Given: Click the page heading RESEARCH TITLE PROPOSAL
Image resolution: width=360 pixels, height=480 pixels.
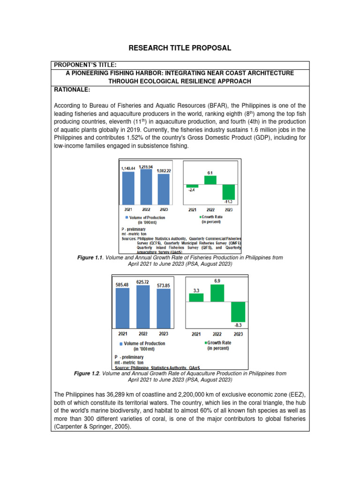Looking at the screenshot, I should tap(180, 48).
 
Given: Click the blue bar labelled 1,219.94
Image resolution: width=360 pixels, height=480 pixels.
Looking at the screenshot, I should tap(146, 187).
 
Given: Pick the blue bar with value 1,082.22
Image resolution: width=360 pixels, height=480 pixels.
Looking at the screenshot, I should tap(163, 189).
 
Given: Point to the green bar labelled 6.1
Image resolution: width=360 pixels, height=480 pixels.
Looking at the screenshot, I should tap(210, 180).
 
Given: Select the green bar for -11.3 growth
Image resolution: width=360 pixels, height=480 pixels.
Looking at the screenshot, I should tap(228, 192).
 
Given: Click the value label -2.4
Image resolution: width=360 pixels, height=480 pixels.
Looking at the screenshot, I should tap(191, 191).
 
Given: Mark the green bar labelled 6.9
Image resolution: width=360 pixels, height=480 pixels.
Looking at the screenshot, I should tap(217, 293).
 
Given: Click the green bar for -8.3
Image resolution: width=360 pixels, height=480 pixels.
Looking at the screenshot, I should tap(238, 312).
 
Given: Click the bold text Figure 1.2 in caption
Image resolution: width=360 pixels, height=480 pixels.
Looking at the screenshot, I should tap(87, 374).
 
